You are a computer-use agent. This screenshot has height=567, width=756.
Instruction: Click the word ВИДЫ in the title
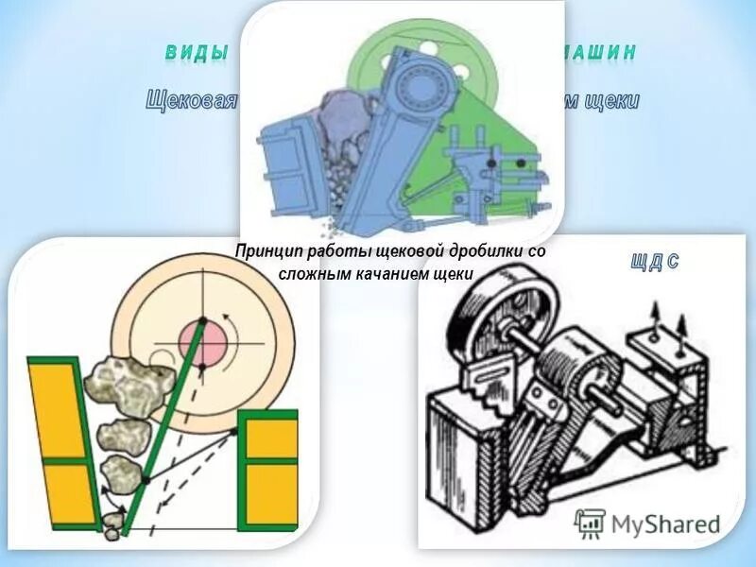197,53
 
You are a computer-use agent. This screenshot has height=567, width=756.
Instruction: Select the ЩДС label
653,263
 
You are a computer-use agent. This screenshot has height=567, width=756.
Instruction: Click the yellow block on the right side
269,463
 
